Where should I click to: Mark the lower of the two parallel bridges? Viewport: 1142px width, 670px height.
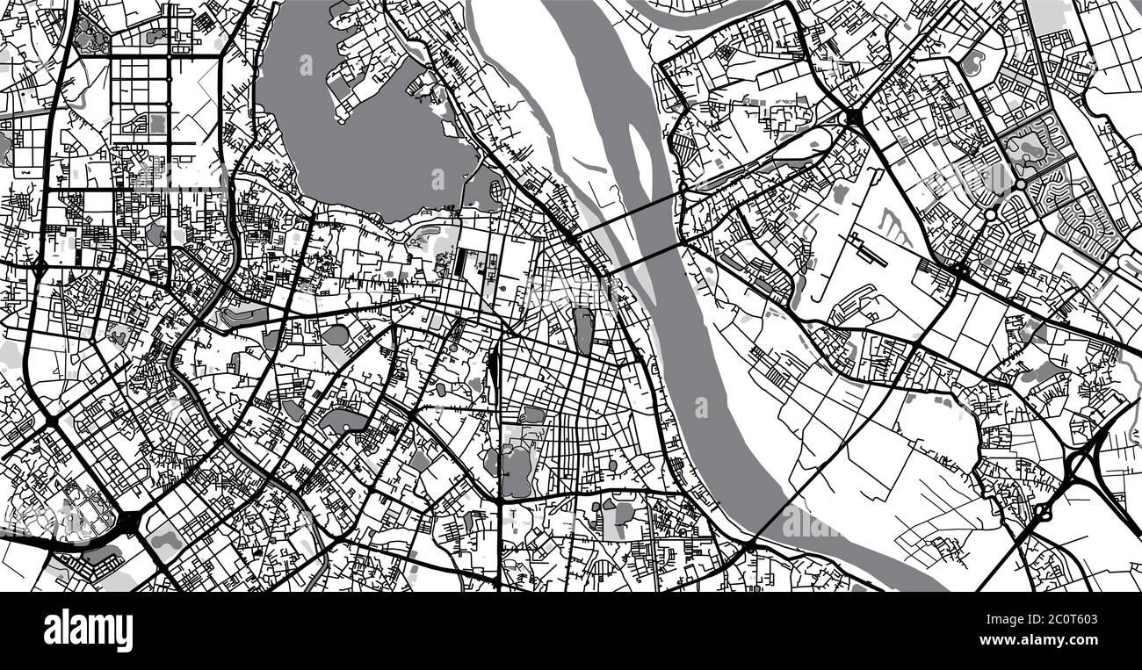[x=647, y=255]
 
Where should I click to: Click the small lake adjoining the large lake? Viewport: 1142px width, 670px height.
[x=482, y=186]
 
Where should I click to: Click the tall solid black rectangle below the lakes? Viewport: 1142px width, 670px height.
[x=464, y=260]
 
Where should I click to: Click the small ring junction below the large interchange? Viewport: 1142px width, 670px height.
[x=1043, y=509]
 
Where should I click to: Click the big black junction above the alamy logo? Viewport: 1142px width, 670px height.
[x=129, y=522]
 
